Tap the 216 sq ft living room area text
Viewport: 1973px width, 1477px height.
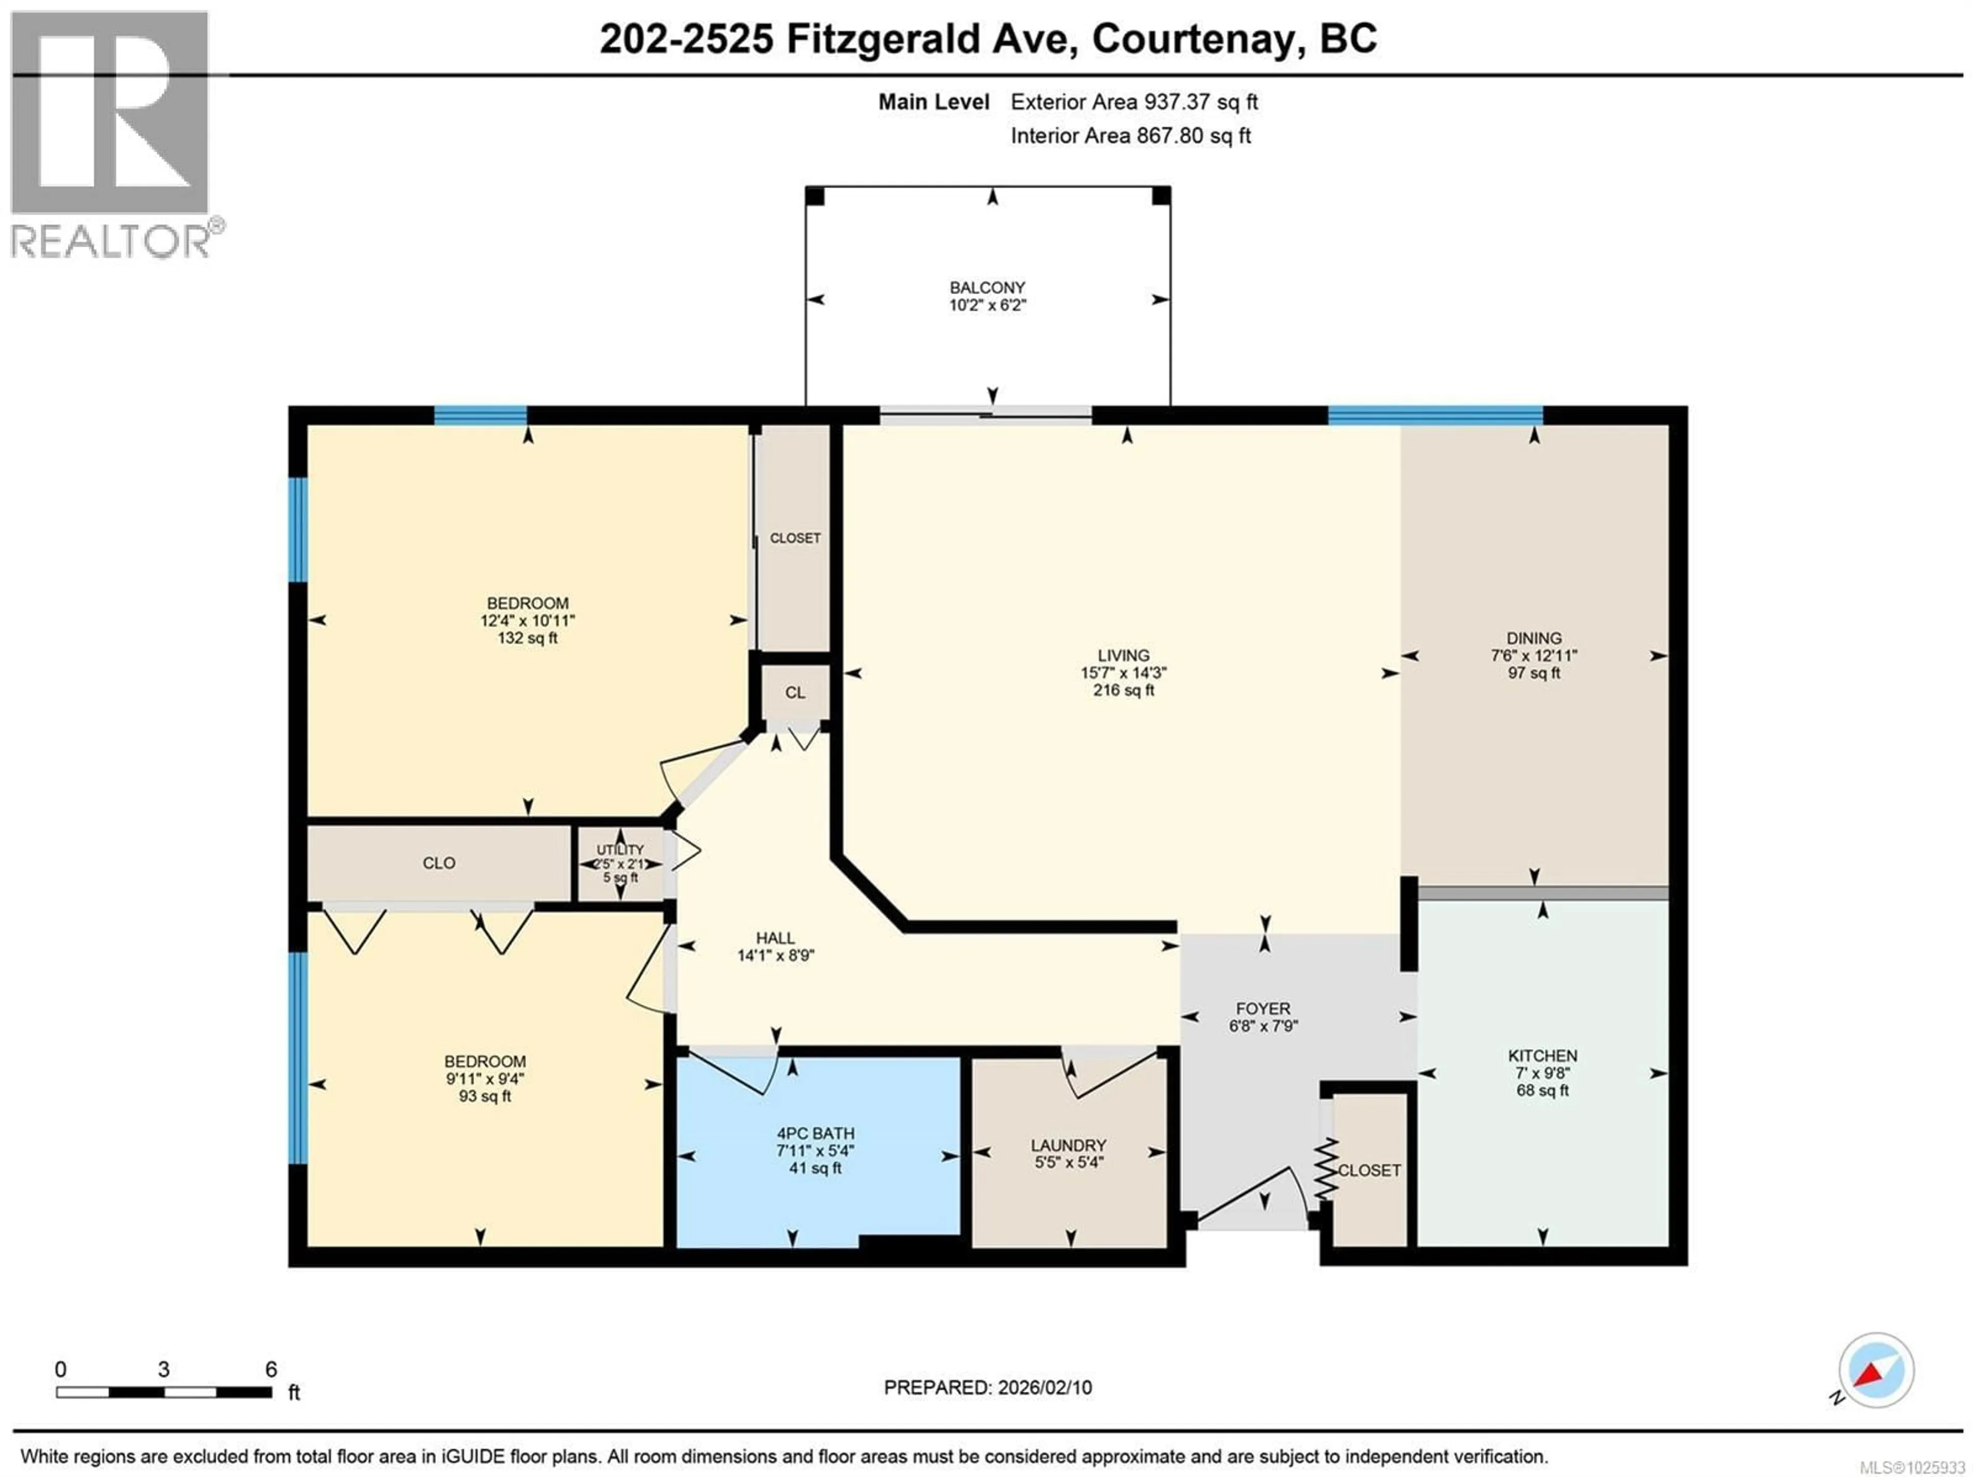pyautogui.click(x=1123, y=689)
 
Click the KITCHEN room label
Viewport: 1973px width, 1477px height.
pyautogui.click(x=1542, y=1055)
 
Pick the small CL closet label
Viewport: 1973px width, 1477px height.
pyautogui.click(x=795, y=692)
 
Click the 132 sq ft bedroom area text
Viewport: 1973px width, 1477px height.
pyautogui.click(x=527, y=638)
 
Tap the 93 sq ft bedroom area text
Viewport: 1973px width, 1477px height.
pyautogui.click(x=485, y=1095)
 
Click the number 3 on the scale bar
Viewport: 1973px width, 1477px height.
pyautogui.click(x=163, y=1369)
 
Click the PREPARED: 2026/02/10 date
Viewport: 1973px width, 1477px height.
pyautogui.click(x=988, y=1387)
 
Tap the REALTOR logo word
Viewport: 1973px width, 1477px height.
pyautogui.click(x=110, y=241)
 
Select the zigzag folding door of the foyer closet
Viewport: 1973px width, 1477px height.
pyautogui.click(x=1326, y=1168)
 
